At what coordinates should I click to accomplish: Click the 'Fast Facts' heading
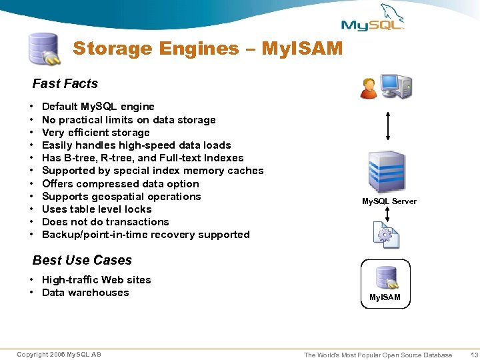[65, 83]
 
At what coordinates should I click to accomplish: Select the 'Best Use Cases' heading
[82, 260]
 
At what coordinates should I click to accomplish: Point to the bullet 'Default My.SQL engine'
[98, 107]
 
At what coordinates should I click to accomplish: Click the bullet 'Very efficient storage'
[95, 132]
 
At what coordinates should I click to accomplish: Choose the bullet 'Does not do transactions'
[105, 222]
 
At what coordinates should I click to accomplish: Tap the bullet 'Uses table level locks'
[97, 209]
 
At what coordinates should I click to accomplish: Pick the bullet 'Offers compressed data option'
[120, 184]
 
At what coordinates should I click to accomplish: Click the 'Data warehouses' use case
[85, 293]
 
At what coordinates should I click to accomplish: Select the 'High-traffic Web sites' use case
[96, 280]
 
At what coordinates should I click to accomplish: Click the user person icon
[368, 88]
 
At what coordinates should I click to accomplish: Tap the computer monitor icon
[396, 87]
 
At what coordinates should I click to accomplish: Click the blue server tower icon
[387, 172]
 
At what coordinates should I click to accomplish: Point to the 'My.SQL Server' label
[389, 201]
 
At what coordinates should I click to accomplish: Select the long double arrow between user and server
[387, 125]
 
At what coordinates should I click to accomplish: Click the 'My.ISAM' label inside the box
[385, 297]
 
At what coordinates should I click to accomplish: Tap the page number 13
[474, 355]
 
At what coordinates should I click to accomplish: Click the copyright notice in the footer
[59, 355]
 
